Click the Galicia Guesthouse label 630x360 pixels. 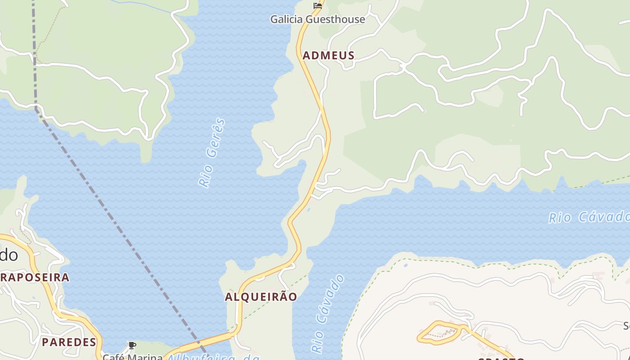317,19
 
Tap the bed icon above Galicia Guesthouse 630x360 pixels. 318,5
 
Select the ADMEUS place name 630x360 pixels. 328,55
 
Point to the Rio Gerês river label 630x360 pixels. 211,153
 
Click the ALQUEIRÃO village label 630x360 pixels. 261,297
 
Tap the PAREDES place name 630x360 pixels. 69,342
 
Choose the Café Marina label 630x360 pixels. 132,357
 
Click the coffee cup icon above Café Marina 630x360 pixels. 132,346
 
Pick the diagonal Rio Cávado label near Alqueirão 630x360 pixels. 328,314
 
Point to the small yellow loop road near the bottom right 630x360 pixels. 439,333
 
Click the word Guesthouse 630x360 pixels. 335,19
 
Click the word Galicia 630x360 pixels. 287,19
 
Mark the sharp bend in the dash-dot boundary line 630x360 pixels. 36,109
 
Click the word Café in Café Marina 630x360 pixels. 113,357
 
